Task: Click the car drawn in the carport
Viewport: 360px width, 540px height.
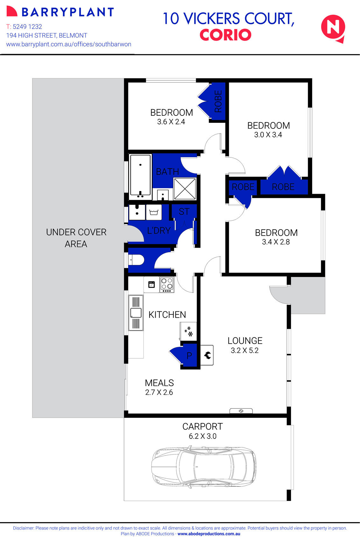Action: click(x=204, y=467)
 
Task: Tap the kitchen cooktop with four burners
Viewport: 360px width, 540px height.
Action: click(x=167, y=285)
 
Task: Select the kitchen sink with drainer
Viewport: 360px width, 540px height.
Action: click(x=136, y=313)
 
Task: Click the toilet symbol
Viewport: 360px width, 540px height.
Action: click(x=136, y=260)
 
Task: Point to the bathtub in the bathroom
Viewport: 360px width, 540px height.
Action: click(x=140, y=175)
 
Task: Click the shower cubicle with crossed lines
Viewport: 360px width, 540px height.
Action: click(x=185, y=189)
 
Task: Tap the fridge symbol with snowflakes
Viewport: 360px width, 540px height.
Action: click(x=188, y=331)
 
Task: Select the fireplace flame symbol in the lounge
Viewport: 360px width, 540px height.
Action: click(x=207, y=355)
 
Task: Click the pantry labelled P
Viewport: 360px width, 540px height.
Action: click(x=189, y=356)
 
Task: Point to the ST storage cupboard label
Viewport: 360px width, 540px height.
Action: click(x=184, y=211)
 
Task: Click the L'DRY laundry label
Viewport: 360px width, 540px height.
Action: click(x=159, y=230)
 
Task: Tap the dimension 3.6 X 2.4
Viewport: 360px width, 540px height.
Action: click(x=171, y=122)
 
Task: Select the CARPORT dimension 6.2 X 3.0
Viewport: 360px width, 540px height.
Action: click(x=202, y=436)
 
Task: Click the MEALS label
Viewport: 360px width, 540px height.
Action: click(x=159, y=383)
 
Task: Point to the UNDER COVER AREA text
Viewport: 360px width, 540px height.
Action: click(x=76, y=238)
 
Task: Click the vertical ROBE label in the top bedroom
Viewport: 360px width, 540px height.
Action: click(x=218, y=101)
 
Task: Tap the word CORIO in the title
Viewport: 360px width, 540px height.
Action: click(x=225, y=35)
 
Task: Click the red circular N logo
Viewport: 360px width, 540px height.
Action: click(x=333, y=28)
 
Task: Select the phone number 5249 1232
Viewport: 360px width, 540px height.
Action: click(x=27, y=27)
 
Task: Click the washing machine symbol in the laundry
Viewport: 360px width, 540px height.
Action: click(x=154, y=212)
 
